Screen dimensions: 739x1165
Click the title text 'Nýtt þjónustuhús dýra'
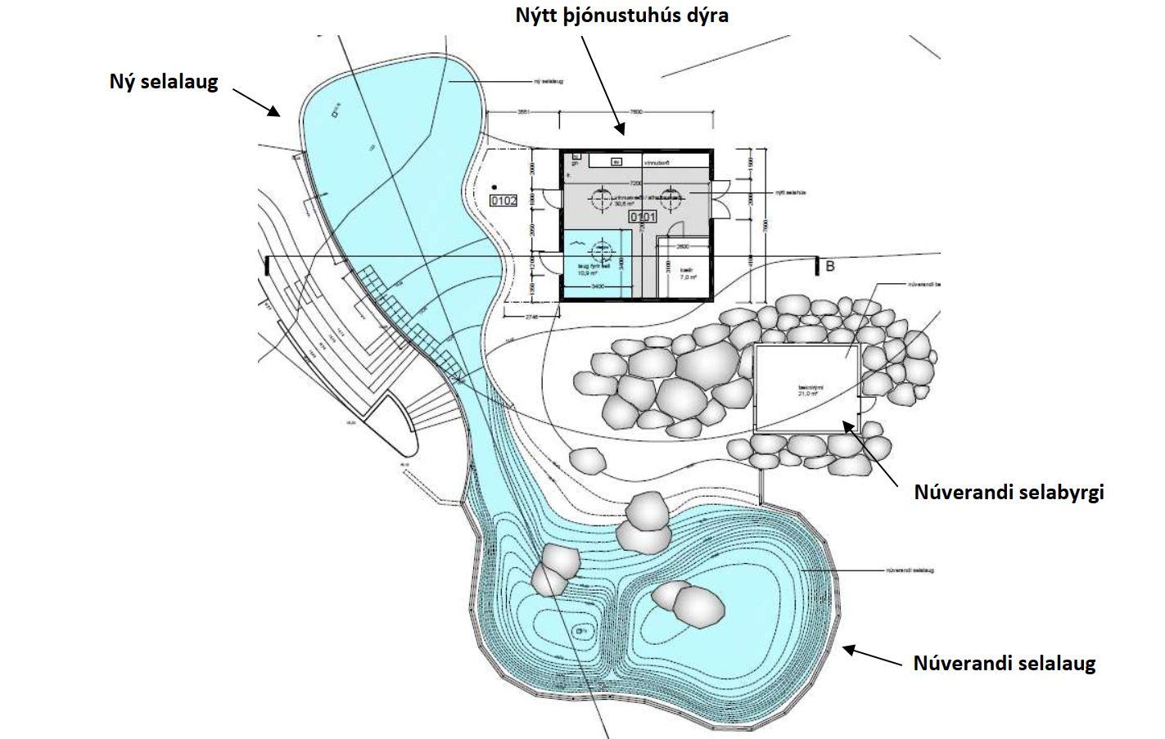(621, 15)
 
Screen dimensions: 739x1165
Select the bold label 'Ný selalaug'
(164, 82)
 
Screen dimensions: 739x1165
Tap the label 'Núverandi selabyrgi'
(1009, 493)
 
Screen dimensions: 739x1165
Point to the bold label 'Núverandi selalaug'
(1004, 663)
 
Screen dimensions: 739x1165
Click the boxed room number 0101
(643, 217)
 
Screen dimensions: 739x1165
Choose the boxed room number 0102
(503, 200)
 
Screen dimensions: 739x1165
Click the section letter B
(829, 266)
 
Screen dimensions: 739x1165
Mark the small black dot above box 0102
(494, 188)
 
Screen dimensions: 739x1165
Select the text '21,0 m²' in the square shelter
(809, 393)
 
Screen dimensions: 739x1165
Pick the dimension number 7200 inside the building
(635, 183)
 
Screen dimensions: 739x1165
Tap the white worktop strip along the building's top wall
(647, 162)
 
